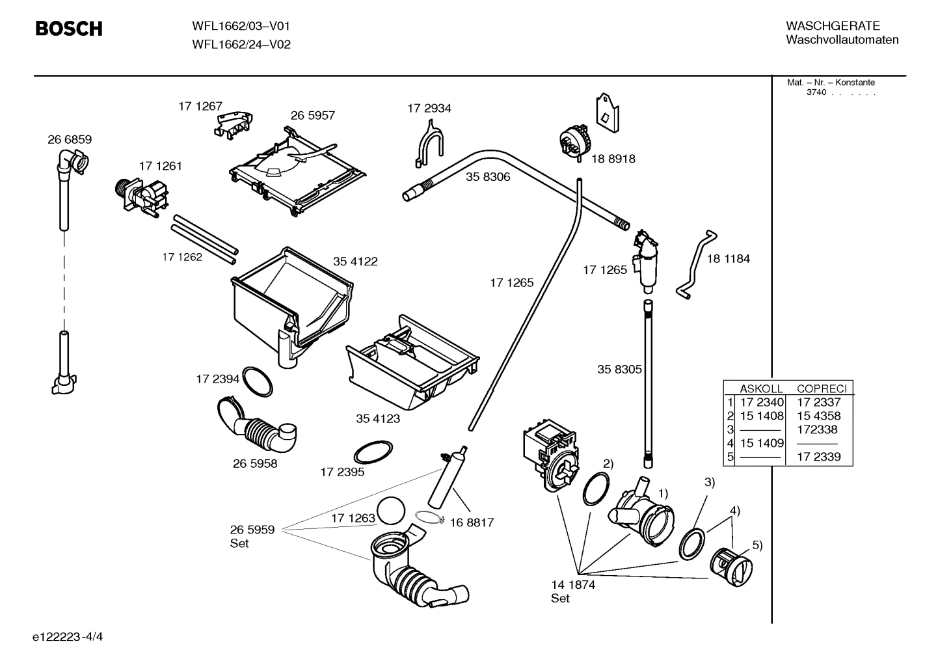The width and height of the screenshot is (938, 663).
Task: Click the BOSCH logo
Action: click(x=68, y=29)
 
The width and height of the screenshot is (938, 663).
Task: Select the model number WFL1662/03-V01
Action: click(x=241, y=26)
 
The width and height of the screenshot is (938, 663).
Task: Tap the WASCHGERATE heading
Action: click(x=833, y=26)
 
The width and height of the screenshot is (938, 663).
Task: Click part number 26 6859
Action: click(x=70, y=139)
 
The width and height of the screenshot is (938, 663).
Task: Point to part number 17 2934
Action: click(x=429, y=109)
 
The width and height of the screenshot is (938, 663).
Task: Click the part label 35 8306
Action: click(x=487, y=177)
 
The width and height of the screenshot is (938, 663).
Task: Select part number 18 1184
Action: click(x=728, y=259)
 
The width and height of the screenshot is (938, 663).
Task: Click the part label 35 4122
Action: click(x=355, y=262)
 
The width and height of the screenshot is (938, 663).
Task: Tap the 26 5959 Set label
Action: click(x=252, y=536)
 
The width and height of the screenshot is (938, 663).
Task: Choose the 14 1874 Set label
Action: click(x=572, y=591)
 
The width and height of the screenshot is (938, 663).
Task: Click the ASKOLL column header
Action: click(x=761, y=388)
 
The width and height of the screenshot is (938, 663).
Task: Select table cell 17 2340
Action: click(x=762, y=403)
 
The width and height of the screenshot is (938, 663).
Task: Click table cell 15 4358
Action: click(x=818, y=416)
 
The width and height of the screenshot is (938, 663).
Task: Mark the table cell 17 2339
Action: click(x=818, y=457)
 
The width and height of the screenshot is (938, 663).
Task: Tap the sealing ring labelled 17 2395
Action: click(x=373, y=450)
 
